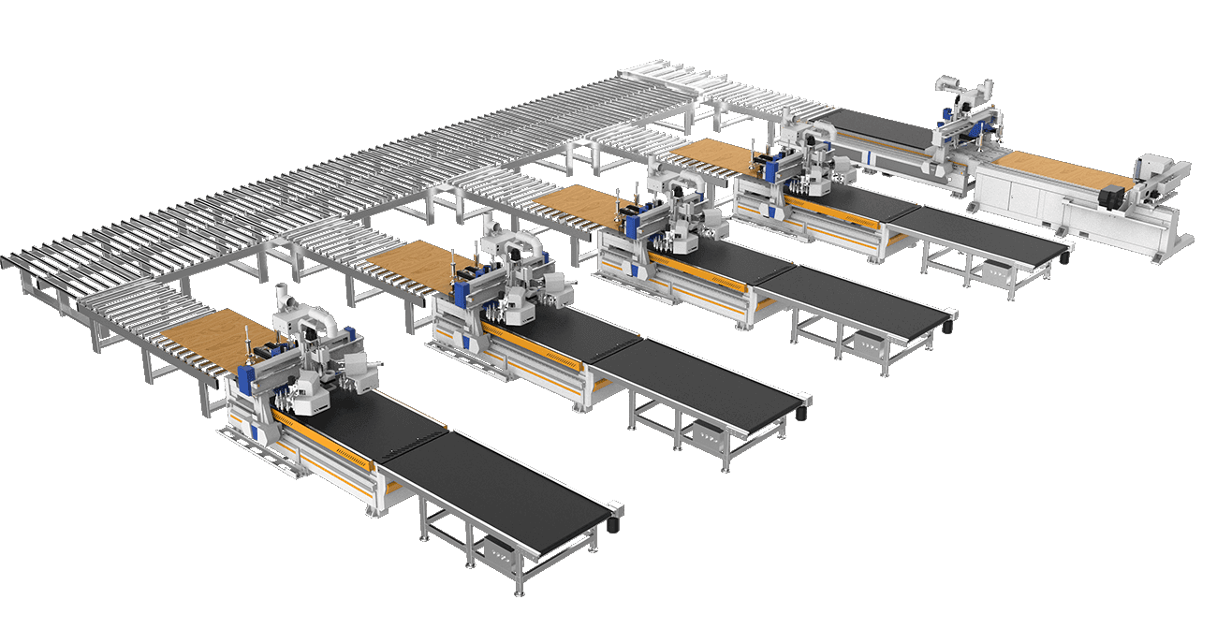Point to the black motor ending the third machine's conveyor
click(950, 327)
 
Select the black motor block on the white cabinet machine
click(1114, 197)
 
